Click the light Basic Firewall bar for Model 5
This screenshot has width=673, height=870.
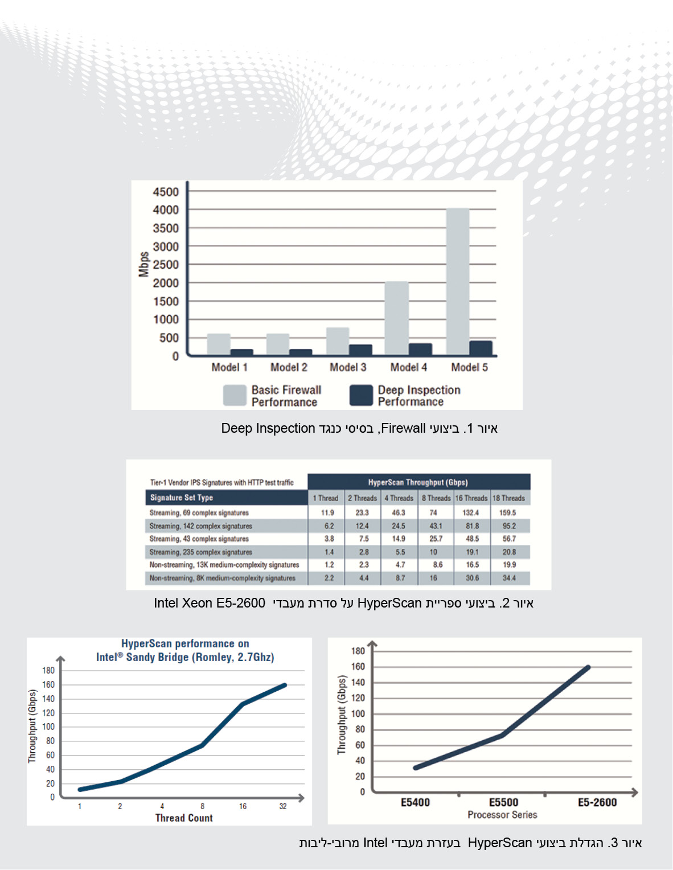pos(458,281)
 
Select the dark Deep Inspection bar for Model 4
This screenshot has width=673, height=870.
pos(420,349)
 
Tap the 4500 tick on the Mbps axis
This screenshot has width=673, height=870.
pos(166,192)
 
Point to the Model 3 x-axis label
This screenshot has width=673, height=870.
pos(348,367)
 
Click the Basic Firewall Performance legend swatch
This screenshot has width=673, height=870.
pos(235,395)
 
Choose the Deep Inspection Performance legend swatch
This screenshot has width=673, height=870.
pos(361,395)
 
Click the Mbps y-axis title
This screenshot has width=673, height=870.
pos(143,264)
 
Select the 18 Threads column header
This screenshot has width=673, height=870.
pos(508,498)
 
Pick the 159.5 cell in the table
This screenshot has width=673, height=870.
pos(507,513)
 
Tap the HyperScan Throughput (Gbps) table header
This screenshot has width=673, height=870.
pos(418,482)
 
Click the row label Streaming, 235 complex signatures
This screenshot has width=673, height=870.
pos(200,552)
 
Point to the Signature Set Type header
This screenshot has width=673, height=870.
pos(182,498)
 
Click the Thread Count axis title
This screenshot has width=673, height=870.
pos(184,818)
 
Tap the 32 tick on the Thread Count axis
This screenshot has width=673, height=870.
pos(283,806)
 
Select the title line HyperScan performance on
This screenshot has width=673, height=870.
pos(185,644)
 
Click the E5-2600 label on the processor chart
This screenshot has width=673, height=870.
pos(597,802)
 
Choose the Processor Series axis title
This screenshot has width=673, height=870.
pos(502,815)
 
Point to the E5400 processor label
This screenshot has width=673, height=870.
pos(415,802)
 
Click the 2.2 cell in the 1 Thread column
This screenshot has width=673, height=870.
pos(329,578)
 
